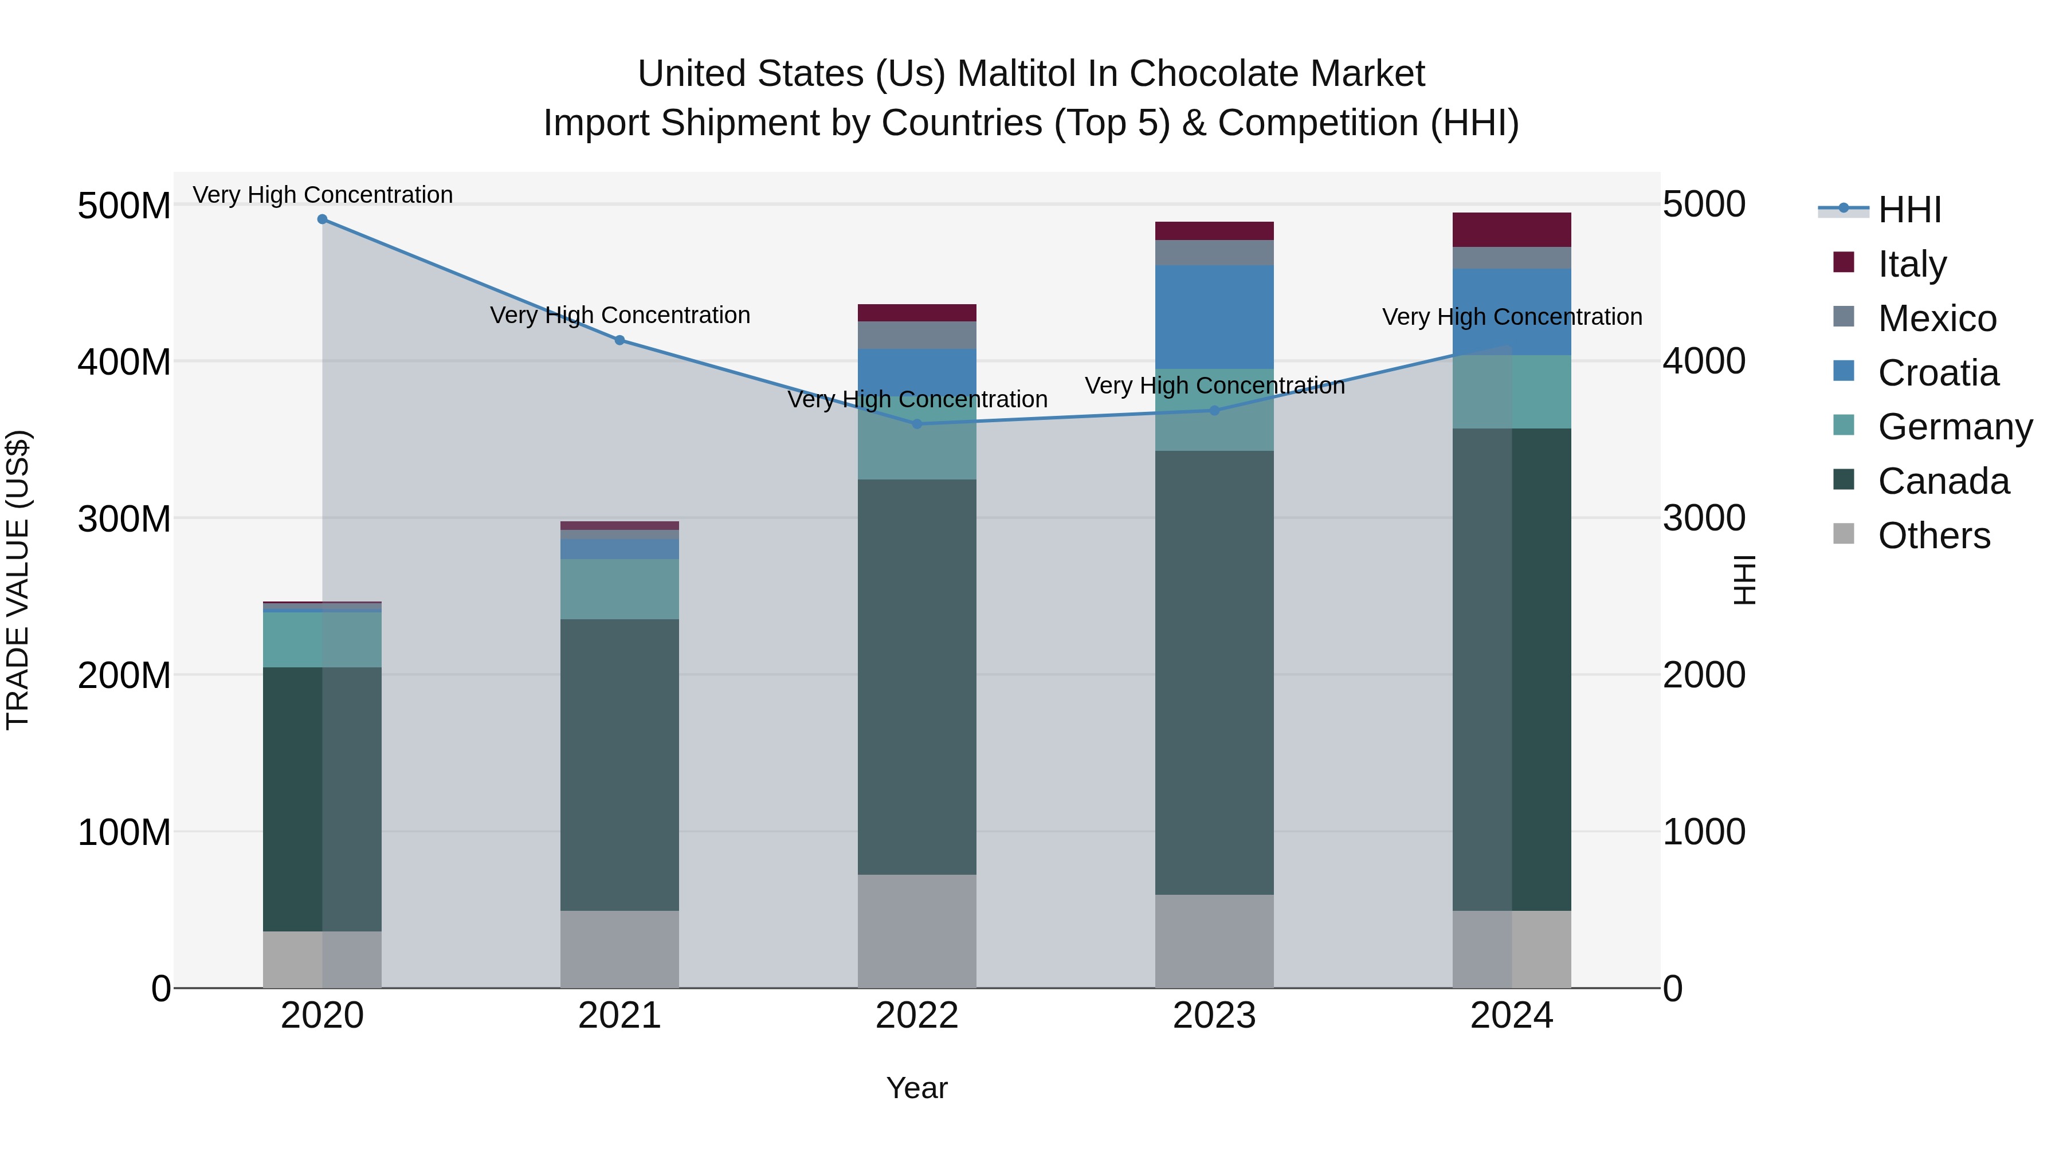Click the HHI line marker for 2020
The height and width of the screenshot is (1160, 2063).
point(322,219)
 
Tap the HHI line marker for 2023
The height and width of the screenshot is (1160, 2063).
point(1214,411)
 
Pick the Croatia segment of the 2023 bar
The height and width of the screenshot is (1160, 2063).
point(1214,317)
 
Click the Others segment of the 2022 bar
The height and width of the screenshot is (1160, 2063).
point(917,931)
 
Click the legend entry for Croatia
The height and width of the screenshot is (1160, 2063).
point(1938,373)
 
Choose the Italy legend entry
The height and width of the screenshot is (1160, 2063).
point(1912,264)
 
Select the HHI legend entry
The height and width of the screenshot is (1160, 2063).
point(1909,210)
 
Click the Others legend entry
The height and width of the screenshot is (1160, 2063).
point(1933,536)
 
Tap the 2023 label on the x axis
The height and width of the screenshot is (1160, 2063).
point(1214,1016)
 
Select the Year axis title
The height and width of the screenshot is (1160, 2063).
point(917,1088)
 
